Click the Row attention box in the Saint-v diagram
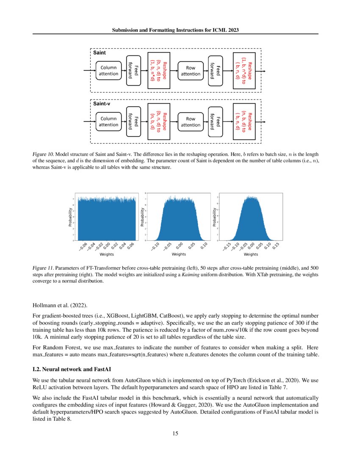(191, 122)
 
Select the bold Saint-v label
(102, 104)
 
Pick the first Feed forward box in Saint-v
(133, 122)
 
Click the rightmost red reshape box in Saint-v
(244, 122)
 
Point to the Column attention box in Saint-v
(108, 122)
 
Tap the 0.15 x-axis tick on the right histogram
(275, 245)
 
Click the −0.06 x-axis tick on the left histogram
(83, 245)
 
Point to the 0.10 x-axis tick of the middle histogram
(204, 245)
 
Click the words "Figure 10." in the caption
(43, 154)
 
